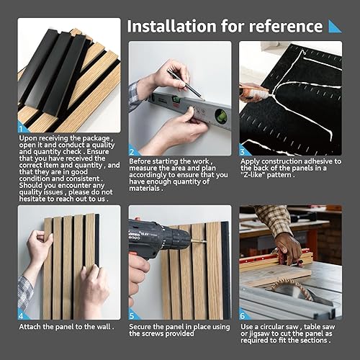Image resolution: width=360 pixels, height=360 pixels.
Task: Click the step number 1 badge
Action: pos(22,127)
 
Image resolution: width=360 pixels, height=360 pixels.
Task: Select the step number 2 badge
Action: pos(132,151)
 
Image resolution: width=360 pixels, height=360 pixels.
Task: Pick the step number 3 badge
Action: pos(243,151)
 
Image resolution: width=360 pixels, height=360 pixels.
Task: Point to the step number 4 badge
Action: pos(22,315)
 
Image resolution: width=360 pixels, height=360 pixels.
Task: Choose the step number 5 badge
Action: pos(132,315)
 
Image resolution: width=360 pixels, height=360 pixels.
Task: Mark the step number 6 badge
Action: pos(243,315)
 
